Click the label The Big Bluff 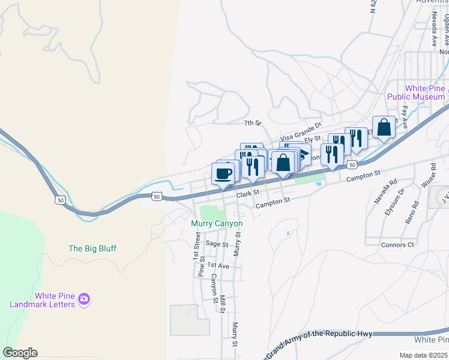92,248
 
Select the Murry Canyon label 217,224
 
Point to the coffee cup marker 223,175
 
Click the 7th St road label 253,123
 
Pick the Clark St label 247,193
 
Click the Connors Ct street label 397,245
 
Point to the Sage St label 217,244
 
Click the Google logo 20,353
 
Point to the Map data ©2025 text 423,355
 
